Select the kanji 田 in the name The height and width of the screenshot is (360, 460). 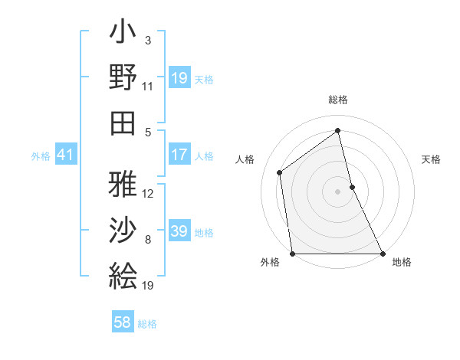pos(123,123)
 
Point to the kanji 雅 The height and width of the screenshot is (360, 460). pos(123,184)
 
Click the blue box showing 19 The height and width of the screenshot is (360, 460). pos(179,78)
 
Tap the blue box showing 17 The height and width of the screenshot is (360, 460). pos(179,155)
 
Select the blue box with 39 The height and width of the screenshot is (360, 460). pos(179,231)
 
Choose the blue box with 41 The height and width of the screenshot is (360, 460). pos(65,155)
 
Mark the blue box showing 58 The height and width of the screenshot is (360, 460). pos(123,322)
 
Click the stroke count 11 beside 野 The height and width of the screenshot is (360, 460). pos(148,87)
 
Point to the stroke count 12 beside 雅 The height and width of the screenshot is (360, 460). pos(148,193)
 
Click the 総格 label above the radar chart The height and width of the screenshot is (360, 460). pos(338,100)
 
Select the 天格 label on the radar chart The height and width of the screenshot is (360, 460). pos(432,159)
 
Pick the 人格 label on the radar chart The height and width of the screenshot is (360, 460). pos(245,159)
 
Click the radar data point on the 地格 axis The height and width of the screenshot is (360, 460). pos(382,254)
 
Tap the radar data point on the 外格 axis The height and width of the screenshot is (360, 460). pos(293,254)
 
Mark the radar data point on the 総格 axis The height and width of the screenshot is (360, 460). pos(338,131)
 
